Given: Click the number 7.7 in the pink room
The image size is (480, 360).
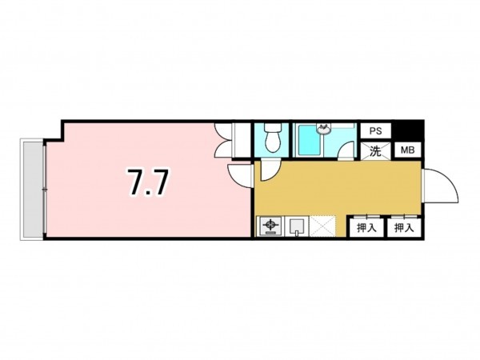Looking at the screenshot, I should pos(147,183).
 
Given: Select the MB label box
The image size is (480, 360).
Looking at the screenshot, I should pos(406,150).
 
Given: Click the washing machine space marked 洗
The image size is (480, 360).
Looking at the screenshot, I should pos(375,150).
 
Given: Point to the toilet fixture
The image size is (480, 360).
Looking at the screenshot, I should pos(270,138).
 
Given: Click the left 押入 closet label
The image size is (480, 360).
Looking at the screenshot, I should pos(365,228).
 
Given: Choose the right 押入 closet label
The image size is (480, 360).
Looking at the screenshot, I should pos(402,228).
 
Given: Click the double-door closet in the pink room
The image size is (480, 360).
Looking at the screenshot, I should pos(223,139).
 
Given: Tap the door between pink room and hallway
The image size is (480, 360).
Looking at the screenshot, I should pos(239,174).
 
